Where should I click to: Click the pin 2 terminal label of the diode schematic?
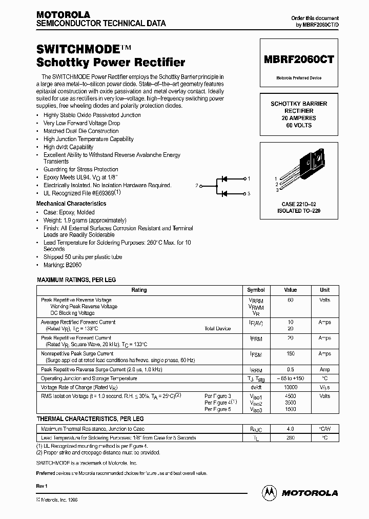tap(197, 186)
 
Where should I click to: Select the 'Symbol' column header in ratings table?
tap(256, 290)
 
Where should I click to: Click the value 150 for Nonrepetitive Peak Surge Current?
tap(291, 354)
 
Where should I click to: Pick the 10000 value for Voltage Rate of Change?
tap(291, 388)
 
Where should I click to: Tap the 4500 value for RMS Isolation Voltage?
tap(291, 396)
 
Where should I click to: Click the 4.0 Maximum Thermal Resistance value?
tap(291, 429)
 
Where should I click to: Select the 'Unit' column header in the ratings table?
tap(325, 290)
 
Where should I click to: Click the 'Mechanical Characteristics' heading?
tap(71, 204)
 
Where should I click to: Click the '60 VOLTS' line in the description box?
tap(299, 125)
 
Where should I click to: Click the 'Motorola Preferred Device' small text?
tap(299, 78)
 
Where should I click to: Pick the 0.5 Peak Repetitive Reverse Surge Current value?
tap(291, 369)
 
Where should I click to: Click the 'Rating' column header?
tap(139, 290)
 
